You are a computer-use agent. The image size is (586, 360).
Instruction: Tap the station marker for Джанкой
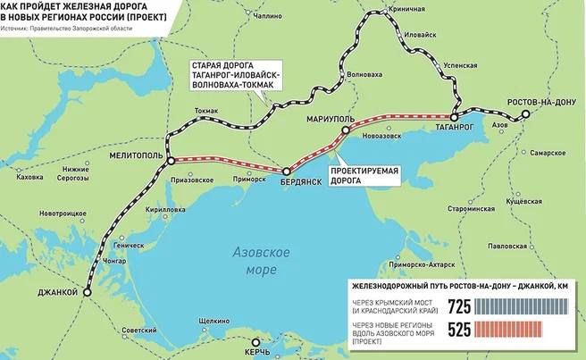tap(88, 292)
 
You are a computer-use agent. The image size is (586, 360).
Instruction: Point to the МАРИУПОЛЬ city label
tap(331, 119)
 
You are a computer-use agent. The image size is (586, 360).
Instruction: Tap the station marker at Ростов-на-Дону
tap(526, 113)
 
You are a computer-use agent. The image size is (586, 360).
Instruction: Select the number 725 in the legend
tap(458, 307)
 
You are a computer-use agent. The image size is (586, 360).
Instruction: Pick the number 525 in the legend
tap(458, 331)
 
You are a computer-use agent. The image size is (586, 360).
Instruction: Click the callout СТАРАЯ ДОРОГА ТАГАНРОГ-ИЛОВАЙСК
tap(235, 78)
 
